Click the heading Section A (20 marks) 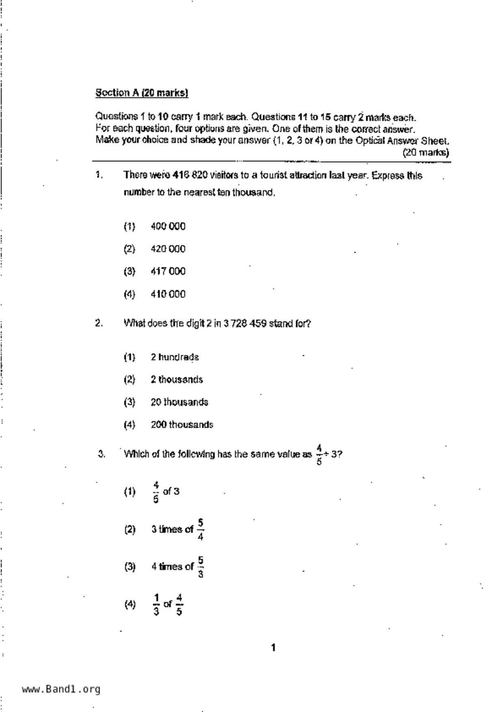142,93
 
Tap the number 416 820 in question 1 190,175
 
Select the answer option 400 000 168,227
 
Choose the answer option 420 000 168,249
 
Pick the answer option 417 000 168,271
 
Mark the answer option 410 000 168,294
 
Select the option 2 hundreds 175,357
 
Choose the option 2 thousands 177,380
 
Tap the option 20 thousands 179,402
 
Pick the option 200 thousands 182,425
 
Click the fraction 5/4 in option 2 201,529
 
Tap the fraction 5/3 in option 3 201,567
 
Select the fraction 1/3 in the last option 156,604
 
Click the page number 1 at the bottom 273,647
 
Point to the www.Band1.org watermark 61,689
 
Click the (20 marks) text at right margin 425,153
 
